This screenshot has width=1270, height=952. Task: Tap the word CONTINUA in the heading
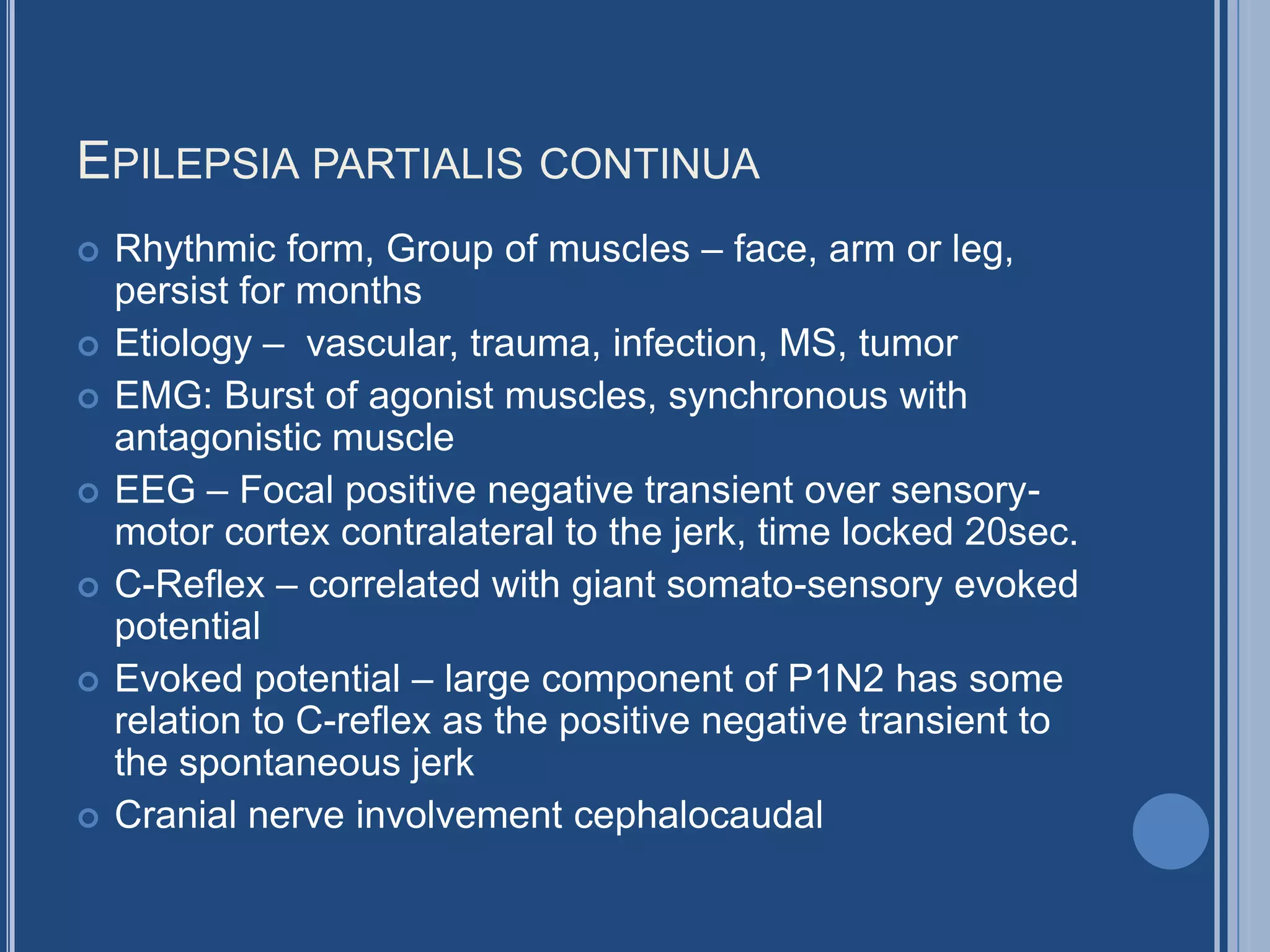(649, 164)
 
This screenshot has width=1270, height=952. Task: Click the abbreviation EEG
(155, 490)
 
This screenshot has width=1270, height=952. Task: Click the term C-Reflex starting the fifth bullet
(190, 584)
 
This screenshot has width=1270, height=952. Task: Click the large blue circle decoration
(1170, 832)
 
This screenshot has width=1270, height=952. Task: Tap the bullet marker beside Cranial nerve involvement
(89, 818)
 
